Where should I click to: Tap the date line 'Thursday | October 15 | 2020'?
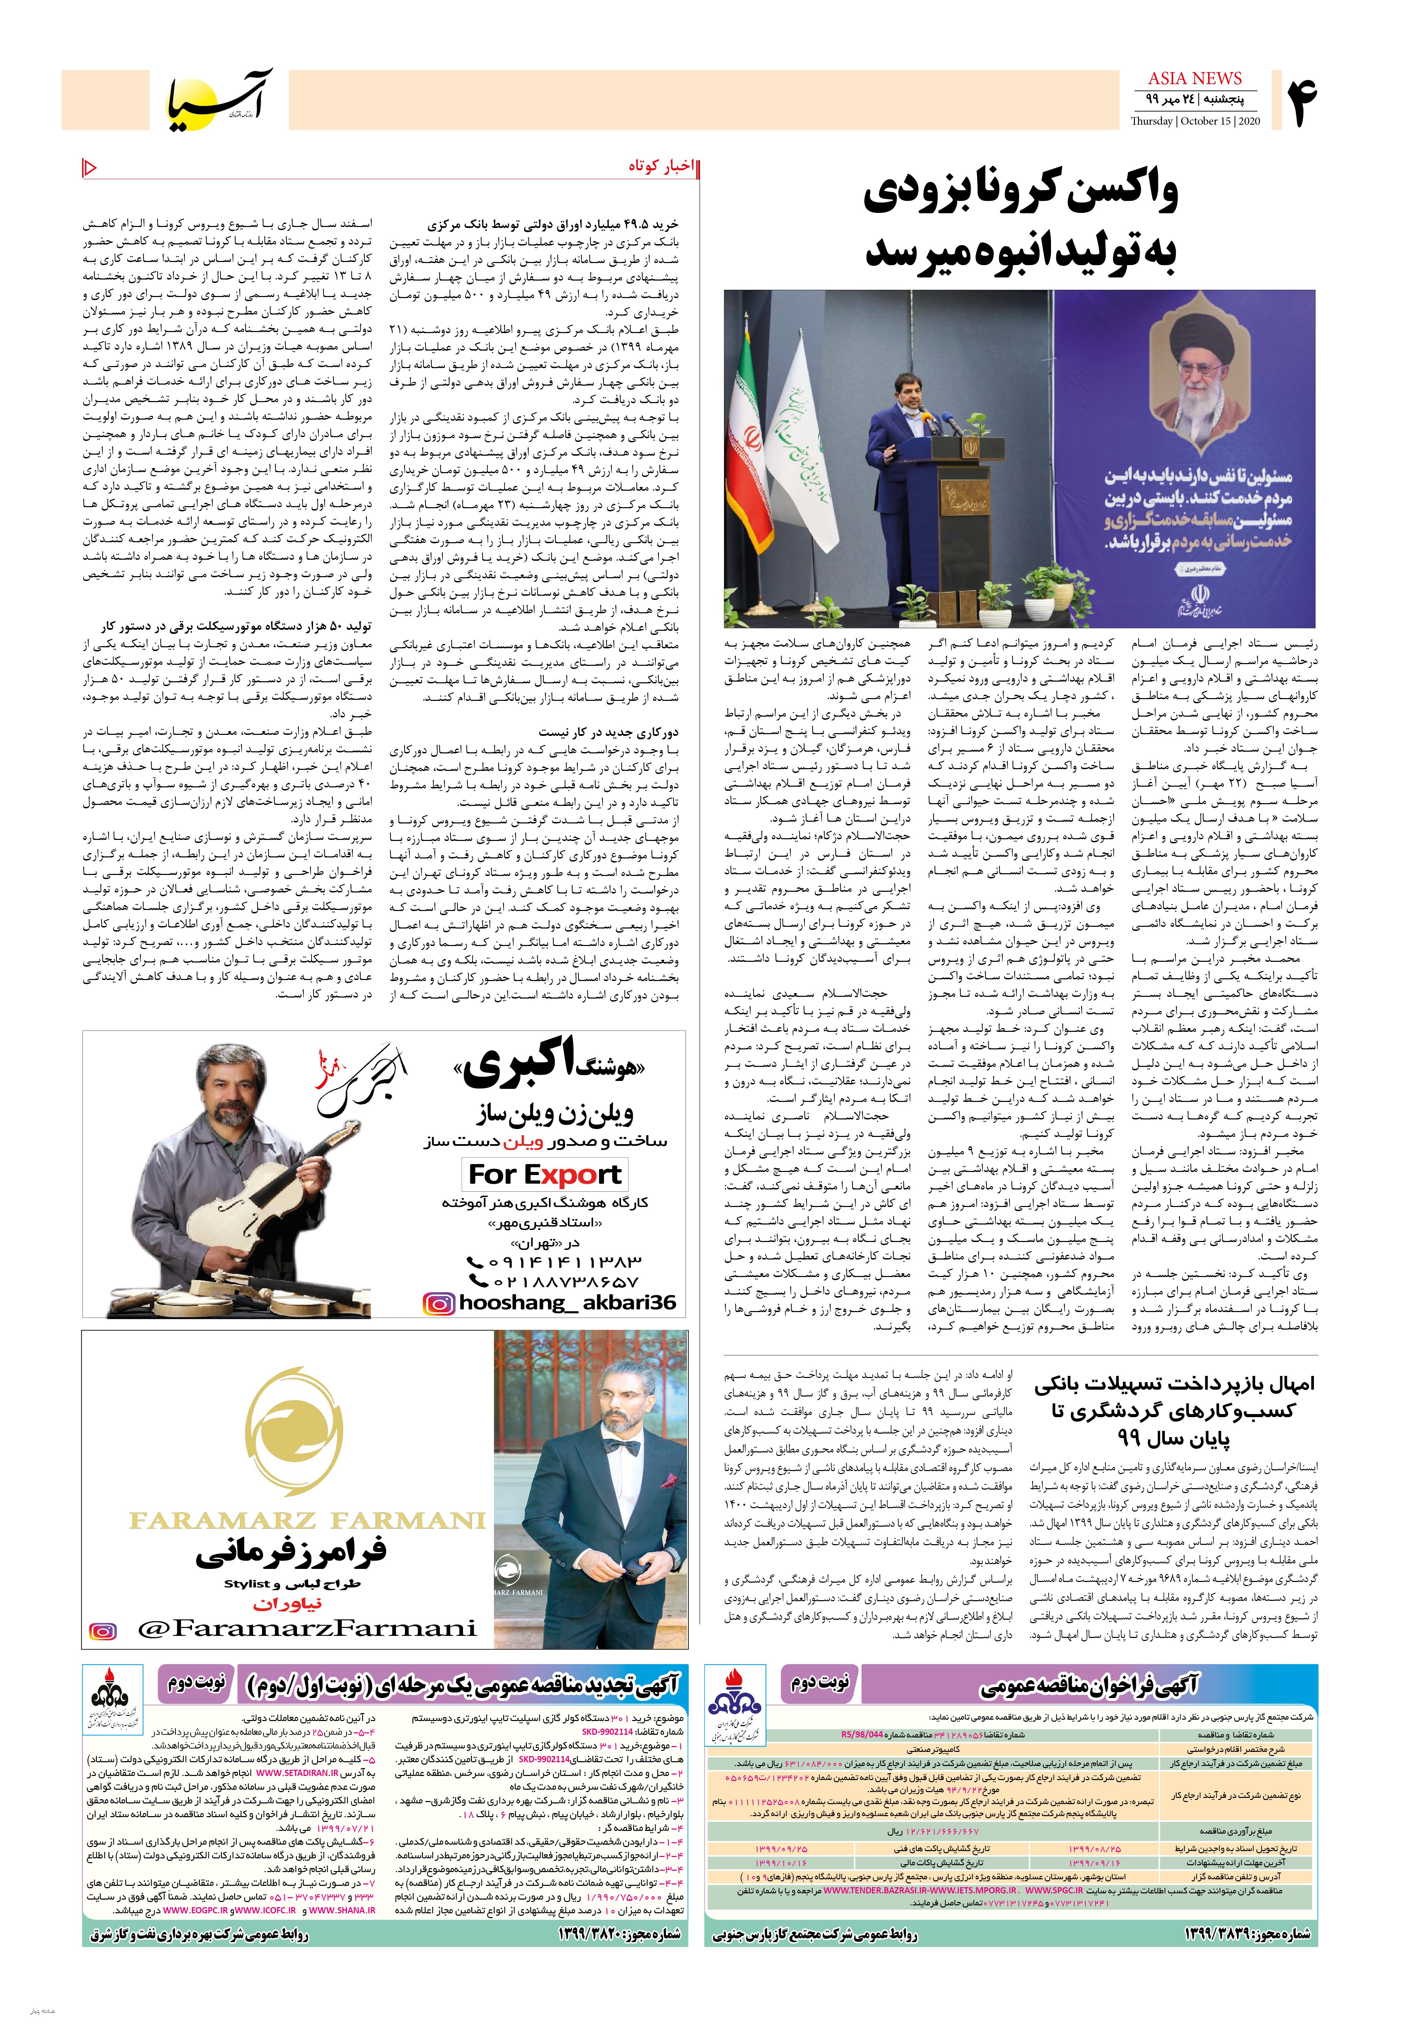point(1196,121)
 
